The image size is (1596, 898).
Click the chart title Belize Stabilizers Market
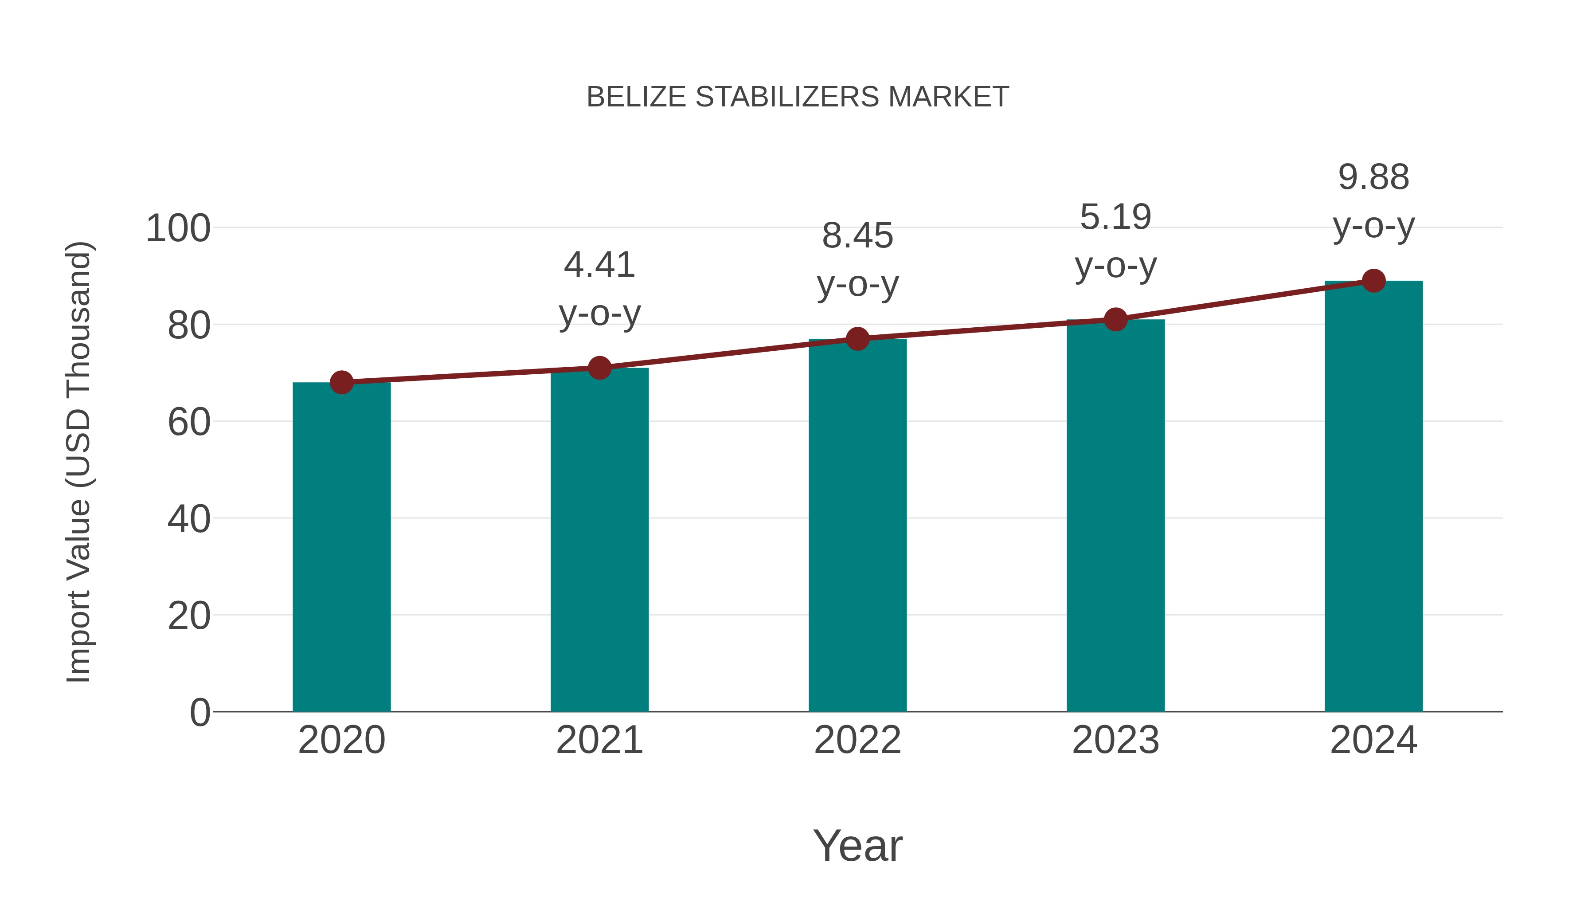tap(798, 97)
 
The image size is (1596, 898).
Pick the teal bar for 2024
tap(1373, 496)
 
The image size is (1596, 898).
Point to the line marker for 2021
tap(599, 368)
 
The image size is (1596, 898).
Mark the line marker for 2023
tap(1115, 319)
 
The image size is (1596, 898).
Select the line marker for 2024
tap(1373, 281)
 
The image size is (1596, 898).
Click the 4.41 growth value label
tap(599, 265)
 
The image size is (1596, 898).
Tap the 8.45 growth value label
tap(857, 236)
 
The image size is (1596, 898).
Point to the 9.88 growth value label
tap(1373, 177)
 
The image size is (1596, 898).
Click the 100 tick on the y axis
tap(178, 229)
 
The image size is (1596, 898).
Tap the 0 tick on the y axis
tap(199, 713)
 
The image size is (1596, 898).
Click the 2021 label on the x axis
tap(599, 740)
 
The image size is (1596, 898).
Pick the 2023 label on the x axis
tap(1115, 740)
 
